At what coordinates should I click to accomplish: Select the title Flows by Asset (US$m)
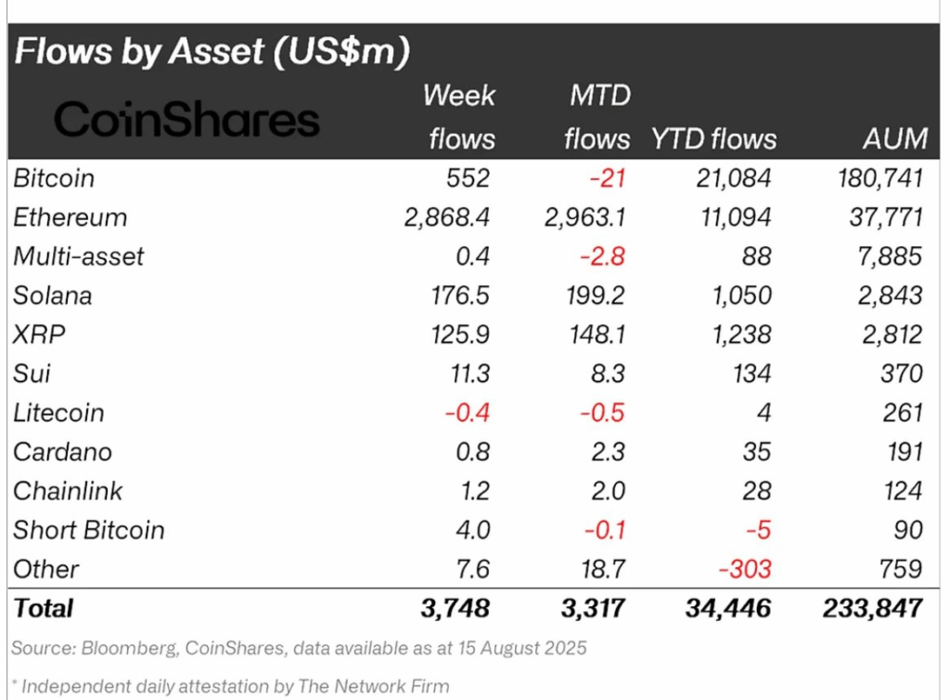[212, 51]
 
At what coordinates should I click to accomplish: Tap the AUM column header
[892, 138]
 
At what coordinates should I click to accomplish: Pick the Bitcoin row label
[54, 177]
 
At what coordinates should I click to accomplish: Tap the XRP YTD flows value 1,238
[742, 334]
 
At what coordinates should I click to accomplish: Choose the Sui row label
[32, 373]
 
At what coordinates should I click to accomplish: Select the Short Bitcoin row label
[88, 530]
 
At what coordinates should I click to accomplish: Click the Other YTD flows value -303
[745, 569]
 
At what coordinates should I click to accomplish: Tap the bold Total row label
[43, 608]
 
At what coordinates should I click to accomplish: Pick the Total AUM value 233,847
[872, 608]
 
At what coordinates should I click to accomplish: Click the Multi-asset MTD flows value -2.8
[605, 256]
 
